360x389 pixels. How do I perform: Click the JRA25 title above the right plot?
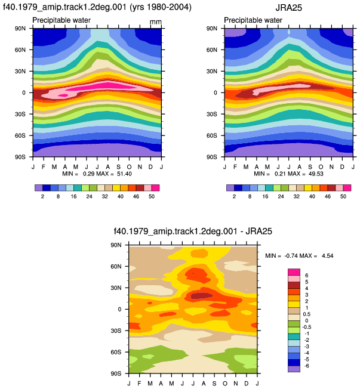click(289, 8)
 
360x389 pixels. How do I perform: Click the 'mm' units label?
click(156, 22)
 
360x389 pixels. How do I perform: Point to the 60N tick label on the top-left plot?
click(20, 50)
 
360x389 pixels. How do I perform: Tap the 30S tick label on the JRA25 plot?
click(212, 114)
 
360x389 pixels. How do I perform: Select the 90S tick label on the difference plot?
click(116, 373)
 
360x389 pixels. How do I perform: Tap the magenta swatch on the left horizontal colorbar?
click(156, 188)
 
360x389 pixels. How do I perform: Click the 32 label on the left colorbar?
click(104, 196)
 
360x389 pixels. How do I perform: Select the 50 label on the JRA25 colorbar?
click(343, 196)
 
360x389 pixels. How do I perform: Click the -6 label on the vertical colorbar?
click(307, 366)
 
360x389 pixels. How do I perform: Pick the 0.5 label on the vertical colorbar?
click(307, 314)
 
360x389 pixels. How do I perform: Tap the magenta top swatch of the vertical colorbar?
click(294, 272)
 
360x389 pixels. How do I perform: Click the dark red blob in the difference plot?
click(202, 295)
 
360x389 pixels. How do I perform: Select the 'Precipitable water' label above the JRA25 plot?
click(253, 20)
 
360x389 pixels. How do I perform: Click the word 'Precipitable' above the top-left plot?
click(46, 20)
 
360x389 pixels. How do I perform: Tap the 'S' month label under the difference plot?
click(214, 384)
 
